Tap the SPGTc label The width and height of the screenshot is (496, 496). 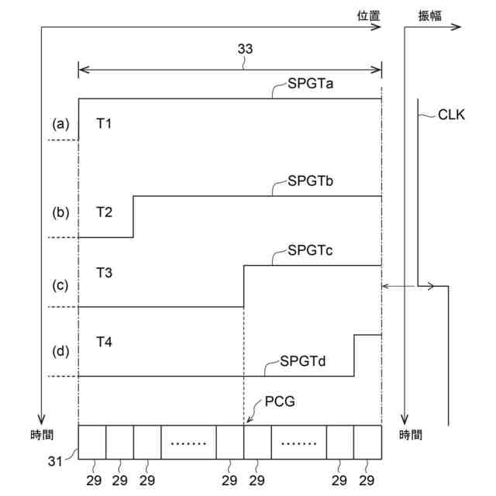click(x=311, y=250)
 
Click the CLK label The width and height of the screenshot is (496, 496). click(x=451, y=115)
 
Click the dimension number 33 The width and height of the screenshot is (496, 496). click(x=245, y=49)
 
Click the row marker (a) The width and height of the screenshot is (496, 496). click(x=60, y=124)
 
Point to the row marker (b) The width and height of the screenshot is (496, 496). click(x=60, y=212)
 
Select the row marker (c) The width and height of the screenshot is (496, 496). click(x=60, y=284)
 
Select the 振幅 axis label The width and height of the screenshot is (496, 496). click(x=429, y=15)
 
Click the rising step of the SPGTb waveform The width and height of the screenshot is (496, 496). click(x=133, y=216)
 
